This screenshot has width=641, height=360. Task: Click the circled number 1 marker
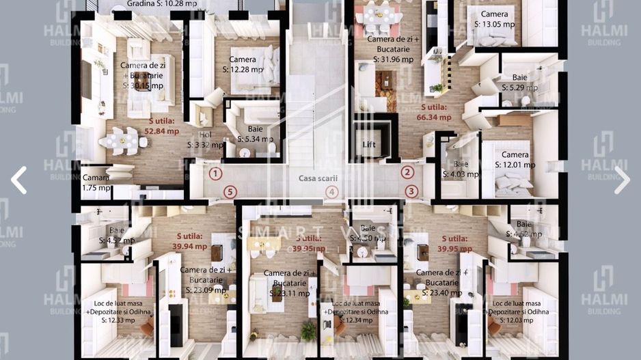coord(215,174)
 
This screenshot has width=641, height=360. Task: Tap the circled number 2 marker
coord(407,173)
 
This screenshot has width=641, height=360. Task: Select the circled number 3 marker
coord(411,192)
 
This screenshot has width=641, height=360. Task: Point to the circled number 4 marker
coord(331,193)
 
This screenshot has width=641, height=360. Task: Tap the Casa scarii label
coord(318,178)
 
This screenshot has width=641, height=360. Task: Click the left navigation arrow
coord(18,180)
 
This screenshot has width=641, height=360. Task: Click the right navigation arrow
coord(621,180)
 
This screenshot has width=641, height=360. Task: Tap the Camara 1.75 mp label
coord(96,182)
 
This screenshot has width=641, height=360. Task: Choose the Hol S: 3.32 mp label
coord(205,140)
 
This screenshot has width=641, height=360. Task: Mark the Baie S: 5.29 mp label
coord(520,83)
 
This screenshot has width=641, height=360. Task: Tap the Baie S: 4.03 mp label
coord(457,169)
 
